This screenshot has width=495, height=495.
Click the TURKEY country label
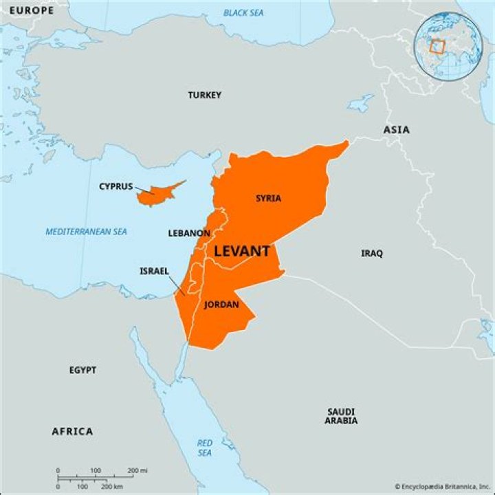pos(205,95)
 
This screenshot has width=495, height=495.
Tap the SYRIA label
pos(268,199)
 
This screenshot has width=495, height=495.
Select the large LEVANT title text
pos(241,252)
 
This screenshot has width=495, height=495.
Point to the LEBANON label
pos(189,233)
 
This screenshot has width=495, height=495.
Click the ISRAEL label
pos(154,271)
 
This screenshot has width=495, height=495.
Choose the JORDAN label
pos(221,305)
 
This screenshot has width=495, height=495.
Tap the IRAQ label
pos(372,253)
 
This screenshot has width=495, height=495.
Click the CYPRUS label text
pos(116,186)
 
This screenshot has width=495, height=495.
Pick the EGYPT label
pos(82,370)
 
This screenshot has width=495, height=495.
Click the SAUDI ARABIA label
pos(341,416)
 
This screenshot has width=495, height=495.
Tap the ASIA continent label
pos(397,129)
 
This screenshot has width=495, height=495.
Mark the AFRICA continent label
pos(72,431)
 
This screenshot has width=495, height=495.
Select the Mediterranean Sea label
pos(87,232)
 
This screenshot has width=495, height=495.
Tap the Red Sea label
pos(205,448)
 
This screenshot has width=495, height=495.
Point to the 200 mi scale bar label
pos(137,471)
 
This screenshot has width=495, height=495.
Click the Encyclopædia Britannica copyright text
pos(443,486)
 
